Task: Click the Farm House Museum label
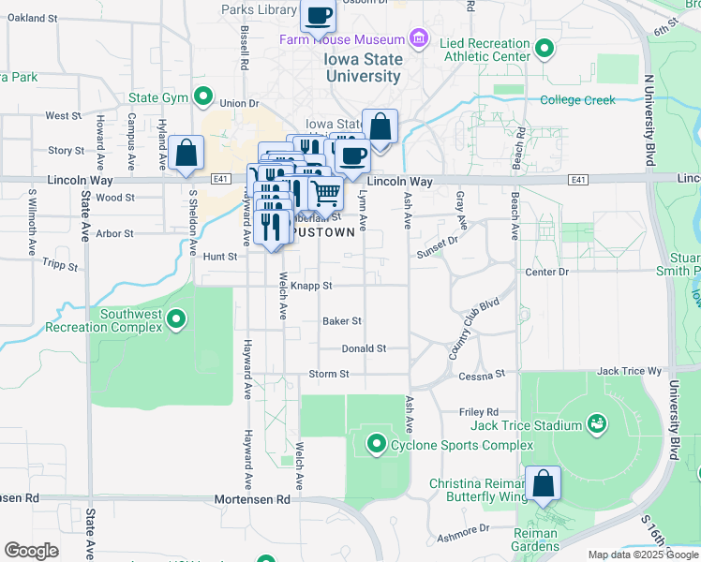tap(341, 39)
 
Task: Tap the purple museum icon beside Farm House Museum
tap(419, 39)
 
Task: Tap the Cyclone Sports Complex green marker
tap(377, 442)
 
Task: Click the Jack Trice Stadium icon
tap(595, 425)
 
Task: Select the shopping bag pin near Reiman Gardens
tap(543, 483)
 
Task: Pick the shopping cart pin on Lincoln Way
tap(325, 193)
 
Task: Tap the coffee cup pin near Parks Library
tap(318, 16)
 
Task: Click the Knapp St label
tap(311, 286)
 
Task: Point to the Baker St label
tap(342, 320)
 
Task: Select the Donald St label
tap(364, 348)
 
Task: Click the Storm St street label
tap(329, 374)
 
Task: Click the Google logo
tap(31, 550)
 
